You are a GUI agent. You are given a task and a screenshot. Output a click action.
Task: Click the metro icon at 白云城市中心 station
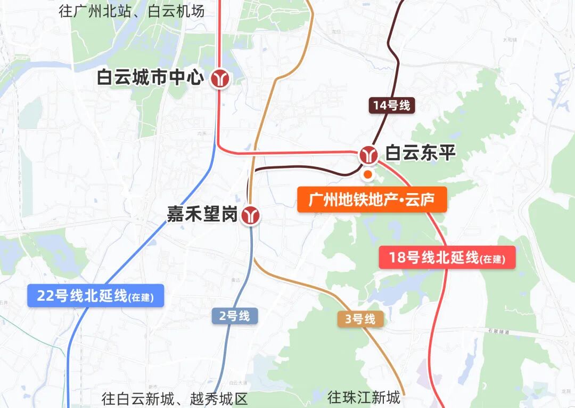(x=219, y=79)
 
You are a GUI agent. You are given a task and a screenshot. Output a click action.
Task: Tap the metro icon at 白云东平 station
(x=368, y=155)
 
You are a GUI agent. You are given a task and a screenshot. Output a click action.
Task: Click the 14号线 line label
(x=392, y=106)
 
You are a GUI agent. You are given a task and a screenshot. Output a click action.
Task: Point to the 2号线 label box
(x=235, y=316)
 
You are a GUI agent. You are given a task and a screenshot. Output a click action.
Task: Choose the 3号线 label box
(x=360, y=319)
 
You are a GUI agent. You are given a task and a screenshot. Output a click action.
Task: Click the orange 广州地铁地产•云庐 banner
(x=372, y=200)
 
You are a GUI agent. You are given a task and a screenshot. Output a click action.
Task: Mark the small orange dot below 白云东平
(x=367, y=174)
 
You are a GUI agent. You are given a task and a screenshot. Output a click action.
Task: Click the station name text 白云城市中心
(x=150, y=78)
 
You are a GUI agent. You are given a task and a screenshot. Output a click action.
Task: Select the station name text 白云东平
(x=421, y=154)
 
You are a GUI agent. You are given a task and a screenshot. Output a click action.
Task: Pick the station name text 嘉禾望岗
(x=202, y=215)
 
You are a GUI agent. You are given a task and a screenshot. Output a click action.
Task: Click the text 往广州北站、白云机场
(x=132, y=11)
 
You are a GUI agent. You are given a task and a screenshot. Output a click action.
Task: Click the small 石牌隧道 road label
(x=498, y=332)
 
